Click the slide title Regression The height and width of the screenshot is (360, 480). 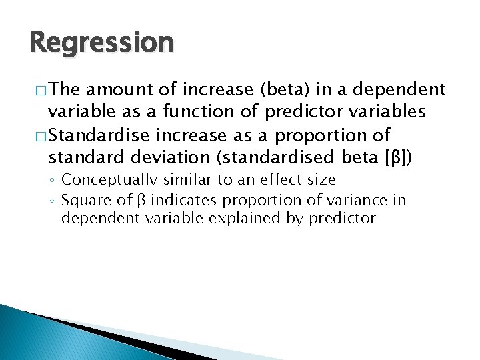pos(101,43)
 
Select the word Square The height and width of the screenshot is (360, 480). pos(83,201)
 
